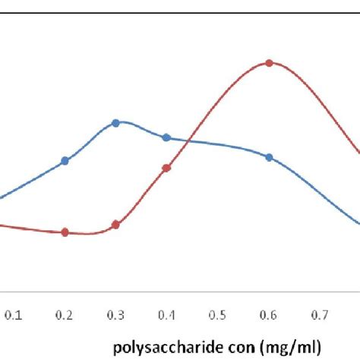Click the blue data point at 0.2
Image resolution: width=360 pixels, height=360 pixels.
65,161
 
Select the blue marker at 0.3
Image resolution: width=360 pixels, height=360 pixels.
115,122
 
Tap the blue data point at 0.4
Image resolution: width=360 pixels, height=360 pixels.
166,137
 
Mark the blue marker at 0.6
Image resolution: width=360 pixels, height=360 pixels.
269,157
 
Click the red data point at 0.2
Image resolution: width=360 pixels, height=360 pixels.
65,232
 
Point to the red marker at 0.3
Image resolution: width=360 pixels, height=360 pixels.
115,225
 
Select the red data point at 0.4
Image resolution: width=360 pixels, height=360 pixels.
166,168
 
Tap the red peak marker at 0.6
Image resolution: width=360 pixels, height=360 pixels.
269,63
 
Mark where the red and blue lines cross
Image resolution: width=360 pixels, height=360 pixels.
187,141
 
